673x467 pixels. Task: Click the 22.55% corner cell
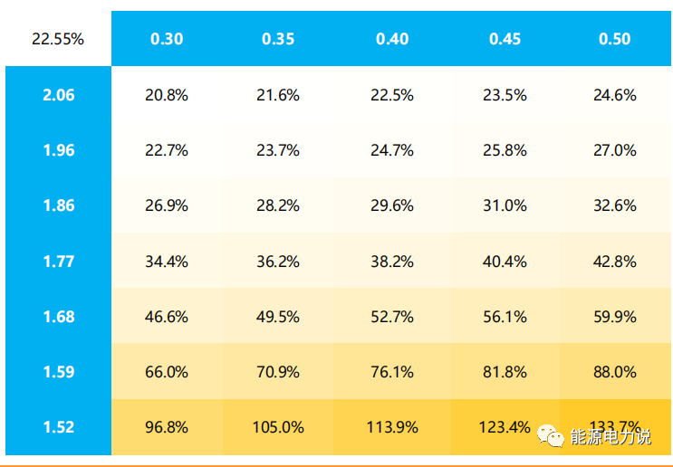pyautogui.click(x=58, y=39)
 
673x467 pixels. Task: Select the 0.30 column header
pyautogui.click(x=167, y=39)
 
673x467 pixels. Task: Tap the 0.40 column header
pyautogui.click(x=392, y=39)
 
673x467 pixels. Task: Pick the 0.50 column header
pyautogui.click(x=615, y=39)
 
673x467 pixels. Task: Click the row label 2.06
pyautogui.click(x=59, y=95)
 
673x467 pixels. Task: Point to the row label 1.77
pyautogui.click(x=59, y=262)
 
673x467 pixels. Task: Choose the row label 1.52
pyautogui.click(x=59, y=427)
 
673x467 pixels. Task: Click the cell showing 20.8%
pyautogui.click(x=167, y=95)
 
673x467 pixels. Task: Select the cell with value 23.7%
pyautogui.click(x=278, y=150)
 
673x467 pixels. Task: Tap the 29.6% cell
pyautogui.click(x=392, y=205)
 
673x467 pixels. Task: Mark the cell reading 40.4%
pyautogui.click(x=505, y=262)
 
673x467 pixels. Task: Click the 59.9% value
pyautogui.click(x=615, y=317)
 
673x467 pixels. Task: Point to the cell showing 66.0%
pyautogui.click(x=167, y=372)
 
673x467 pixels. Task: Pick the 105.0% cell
pyautogui.click(x=278, y=427)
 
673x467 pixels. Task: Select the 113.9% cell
pyautogui.click(x=392, y=427)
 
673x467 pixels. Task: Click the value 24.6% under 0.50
pyautogui.click(x=615, y=95)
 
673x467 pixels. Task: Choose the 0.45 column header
pyautogui.click(x=505, y=39)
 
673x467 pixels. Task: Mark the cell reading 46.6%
pyautogui.click(x=167, y=317)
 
